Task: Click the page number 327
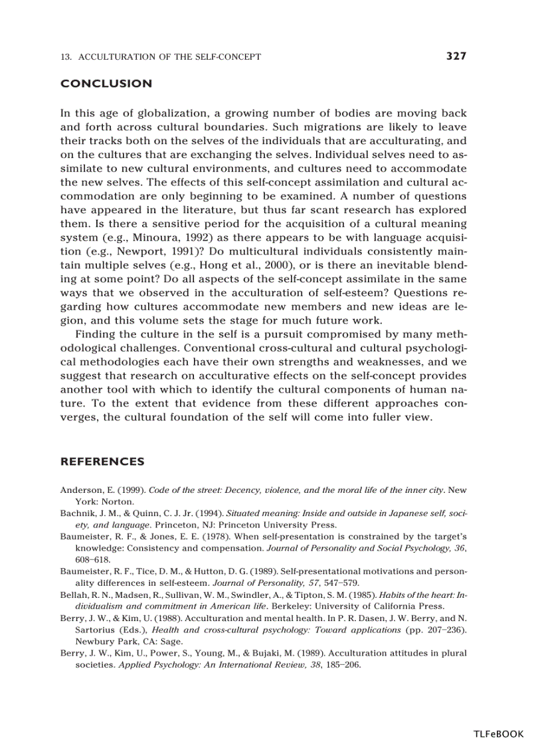point(456,56)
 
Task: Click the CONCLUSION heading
point(106,84)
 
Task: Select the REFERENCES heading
point(102,462)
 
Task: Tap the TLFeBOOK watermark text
point(498,734)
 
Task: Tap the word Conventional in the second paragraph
point(218,348)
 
